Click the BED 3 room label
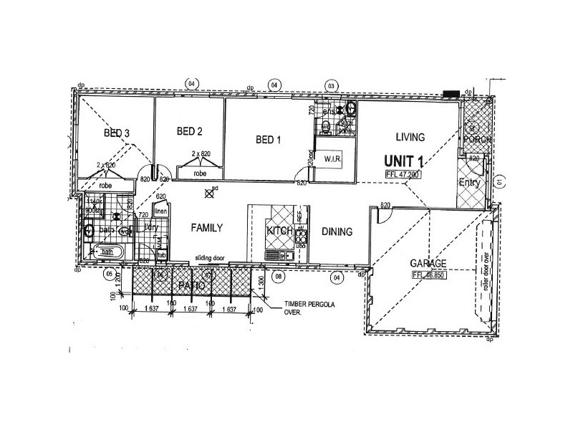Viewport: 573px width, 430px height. point(117,133)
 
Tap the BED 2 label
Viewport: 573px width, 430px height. point(190,131)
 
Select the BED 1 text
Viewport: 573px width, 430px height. point(268,140)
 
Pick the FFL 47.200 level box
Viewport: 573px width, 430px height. point(405,174)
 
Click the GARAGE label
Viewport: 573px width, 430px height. point(429,263)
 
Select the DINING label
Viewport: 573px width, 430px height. point(336,231)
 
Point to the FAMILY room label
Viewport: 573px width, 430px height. point(207,228)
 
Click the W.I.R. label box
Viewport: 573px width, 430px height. point(332,158)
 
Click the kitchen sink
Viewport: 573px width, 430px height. point(276,254)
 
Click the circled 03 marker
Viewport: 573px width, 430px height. point(331,85)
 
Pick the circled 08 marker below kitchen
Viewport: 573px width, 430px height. point(279,275)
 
